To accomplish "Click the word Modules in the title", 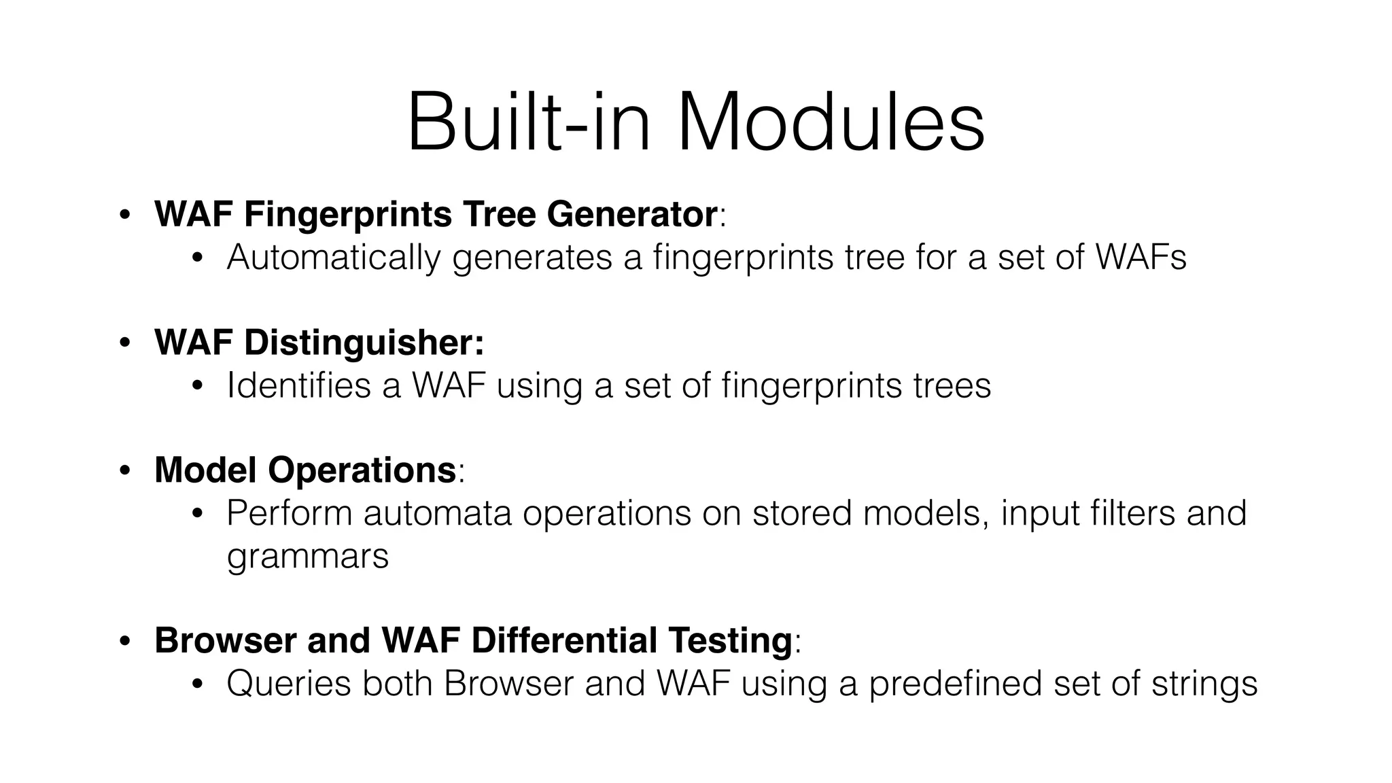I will click(831, 124).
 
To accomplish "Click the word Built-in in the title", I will click(529, 124).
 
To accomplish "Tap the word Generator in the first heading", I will click(631, 215).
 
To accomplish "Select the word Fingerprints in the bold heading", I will click(348, 215).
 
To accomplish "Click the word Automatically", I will click(333, 258).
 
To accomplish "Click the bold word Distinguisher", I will click(364, 343).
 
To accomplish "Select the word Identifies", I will click(298, 385).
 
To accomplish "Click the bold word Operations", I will click(362, 470).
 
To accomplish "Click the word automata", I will click(436, 513).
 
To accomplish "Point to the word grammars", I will click(307, 557).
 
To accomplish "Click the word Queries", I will click(288, 684).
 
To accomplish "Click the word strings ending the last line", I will click(1204, 684).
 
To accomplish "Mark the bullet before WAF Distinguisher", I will click(124, 343).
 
